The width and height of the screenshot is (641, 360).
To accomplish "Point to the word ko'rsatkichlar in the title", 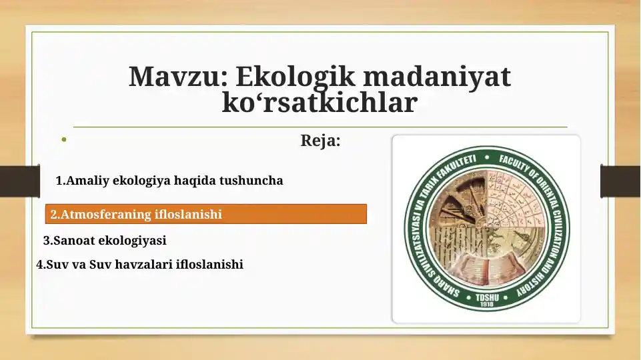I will (319, 103).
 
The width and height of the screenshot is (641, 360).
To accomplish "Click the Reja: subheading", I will (320, 141).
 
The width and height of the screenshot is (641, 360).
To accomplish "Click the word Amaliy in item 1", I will (87, 180).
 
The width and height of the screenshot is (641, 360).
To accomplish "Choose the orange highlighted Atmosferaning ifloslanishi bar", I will (206, 214).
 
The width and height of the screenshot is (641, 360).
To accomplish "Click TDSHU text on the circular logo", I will (486, 297).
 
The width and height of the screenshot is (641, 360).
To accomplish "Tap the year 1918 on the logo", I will (486, 305).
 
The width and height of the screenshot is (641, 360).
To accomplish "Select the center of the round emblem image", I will (486, 228).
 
